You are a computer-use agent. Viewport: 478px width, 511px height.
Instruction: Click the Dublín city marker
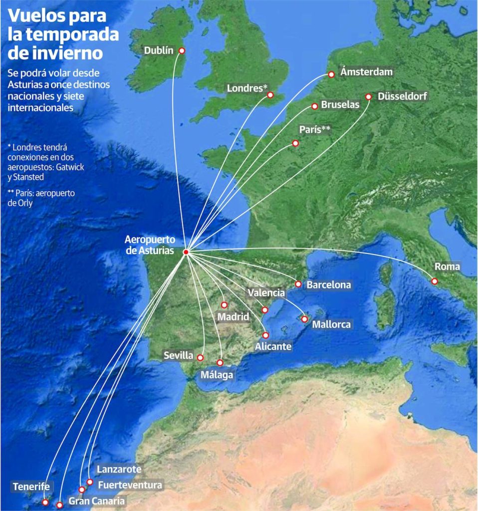[x=182, y=50]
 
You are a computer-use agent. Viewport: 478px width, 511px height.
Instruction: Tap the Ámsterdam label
[x=366, y=72]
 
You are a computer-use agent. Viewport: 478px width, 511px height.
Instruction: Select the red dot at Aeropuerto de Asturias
[x=186, y=252]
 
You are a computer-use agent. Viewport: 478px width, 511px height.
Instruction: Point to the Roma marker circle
[x=435, y=281]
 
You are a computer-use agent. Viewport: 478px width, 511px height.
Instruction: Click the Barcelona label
[x=328, y=285]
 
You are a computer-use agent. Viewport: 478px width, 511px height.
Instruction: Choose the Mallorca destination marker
[x=304, y=319]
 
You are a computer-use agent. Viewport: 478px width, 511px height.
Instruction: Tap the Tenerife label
[x=31, y=487]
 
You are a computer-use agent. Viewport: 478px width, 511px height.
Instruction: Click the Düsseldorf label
[x=403, y=96]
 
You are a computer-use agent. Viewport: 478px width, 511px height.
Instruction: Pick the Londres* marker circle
[x=270, y=95]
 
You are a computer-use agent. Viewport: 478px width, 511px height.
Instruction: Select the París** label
[x=315, y=130]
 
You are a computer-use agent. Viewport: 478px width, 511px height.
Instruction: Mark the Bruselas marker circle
[x=315, y=106]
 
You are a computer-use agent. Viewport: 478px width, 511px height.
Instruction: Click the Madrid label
[x=233, y=317]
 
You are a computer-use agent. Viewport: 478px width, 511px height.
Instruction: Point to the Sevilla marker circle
[x=200, y=357]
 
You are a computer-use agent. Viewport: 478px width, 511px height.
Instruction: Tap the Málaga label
[x=217, y=374]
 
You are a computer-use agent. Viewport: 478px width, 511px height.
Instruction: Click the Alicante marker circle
[x=265, y=335]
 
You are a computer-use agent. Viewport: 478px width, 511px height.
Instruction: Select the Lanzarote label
[x=119, y=470]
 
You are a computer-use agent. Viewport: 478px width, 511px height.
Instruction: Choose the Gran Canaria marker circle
[x=59, y=505]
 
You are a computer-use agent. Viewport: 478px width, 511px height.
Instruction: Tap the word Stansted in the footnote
[x=29, y=177]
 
